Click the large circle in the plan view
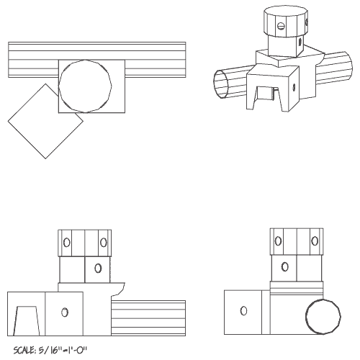click(85, 85)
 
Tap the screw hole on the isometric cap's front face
click(282, 27)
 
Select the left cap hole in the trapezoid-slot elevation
click(66, 242)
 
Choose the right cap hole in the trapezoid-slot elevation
click(104, 242)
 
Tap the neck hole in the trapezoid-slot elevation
click(97, 268)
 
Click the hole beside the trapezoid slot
click(65, 312)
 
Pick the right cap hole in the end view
click(314, 241)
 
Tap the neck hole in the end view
click(285, 267)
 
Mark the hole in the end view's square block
click(243, 311)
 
